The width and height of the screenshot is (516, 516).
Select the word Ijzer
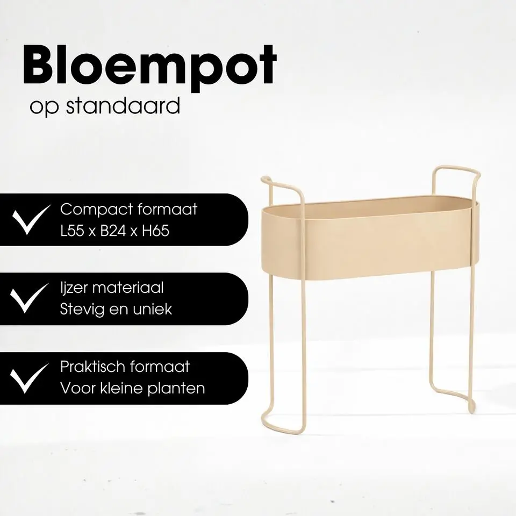74,289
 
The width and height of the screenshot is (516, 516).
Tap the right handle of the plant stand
457,171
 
